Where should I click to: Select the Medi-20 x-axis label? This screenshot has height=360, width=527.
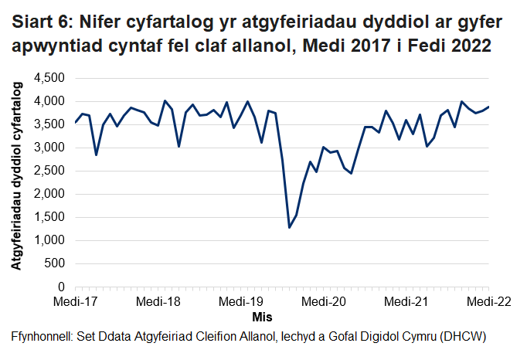click(x=323, y=301)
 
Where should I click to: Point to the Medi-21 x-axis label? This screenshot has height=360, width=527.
click(x=406, y=301)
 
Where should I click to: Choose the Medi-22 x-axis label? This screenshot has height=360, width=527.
click(x=488, y=301)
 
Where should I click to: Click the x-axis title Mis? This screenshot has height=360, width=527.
click(x=262, y=317)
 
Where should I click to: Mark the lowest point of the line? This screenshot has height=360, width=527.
click(x=289, y=227)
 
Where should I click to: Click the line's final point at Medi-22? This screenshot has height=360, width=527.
click(x=488, y=107)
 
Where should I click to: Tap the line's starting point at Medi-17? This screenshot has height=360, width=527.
click(x=76, y=122)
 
